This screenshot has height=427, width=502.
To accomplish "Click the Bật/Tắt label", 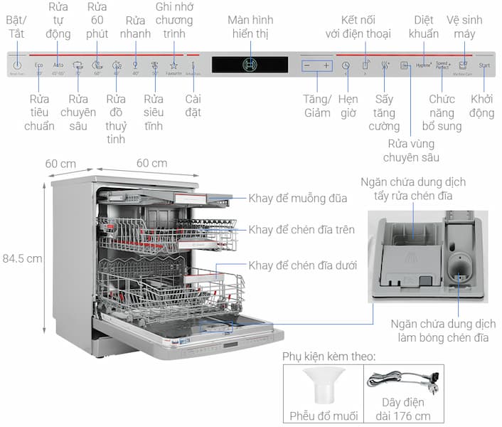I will (16, 27).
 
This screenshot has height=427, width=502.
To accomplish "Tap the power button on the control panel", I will (17, 65).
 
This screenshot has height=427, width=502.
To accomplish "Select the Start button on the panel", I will (484, 65).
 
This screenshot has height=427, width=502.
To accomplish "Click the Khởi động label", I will (482, 105).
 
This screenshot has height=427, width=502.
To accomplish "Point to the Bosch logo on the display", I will (250, 65).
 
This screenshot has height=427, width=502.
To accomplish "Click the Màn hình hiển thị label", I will (251, 27).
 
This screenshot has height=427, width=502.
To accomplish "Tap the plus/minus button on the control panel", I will (316, 65).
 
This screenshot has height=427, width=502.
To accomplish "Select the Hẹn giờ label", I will (348, 105).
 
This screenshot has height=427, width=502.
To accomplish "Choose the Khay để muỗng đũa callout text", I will (297, 198).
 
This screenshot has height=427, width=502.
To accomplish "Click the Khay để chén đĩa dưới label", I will (303, 265).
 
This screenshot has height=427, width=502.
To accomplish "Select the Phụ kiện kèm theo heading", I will (329, 356).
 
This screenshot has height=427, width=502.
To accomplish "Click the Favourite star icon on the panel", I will (173, 65).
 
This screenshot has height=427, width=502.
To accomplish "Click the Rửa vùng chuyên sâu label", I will (411, 150).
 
